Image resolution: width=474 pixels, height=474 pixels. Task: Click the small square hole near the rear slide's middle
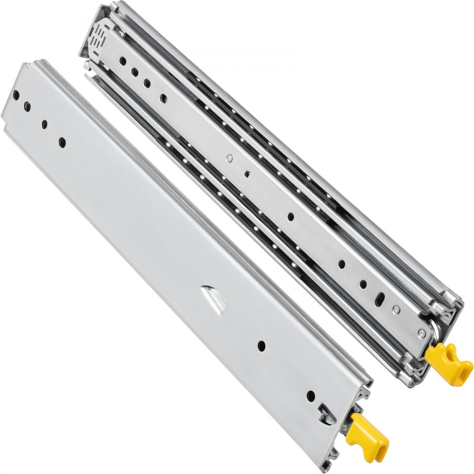coord(247,173)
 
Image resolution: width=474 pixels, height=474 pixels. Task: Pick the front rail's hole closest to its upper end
coord(16,95)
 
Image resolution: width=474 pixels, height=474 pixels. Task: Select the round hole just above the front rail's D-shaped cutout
coord(310,395)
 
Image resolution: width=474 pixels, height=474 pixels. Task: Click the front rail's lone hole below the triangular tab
coord(261,346)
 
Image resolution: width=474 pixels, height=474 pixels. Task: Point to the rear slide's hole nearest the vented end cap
coord(122,61)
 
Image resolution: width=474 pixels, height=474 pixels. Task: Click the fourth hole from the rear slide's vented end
coord(164,99)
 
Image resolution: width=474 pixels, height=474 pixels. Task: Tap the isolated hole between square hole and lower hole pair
coord(291,216)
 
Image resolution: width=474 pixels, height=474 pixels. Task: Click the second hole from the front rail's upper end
coord(27,106)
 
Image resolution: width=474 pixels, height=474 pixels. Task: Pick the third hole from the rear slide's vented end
coord(147,83)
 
